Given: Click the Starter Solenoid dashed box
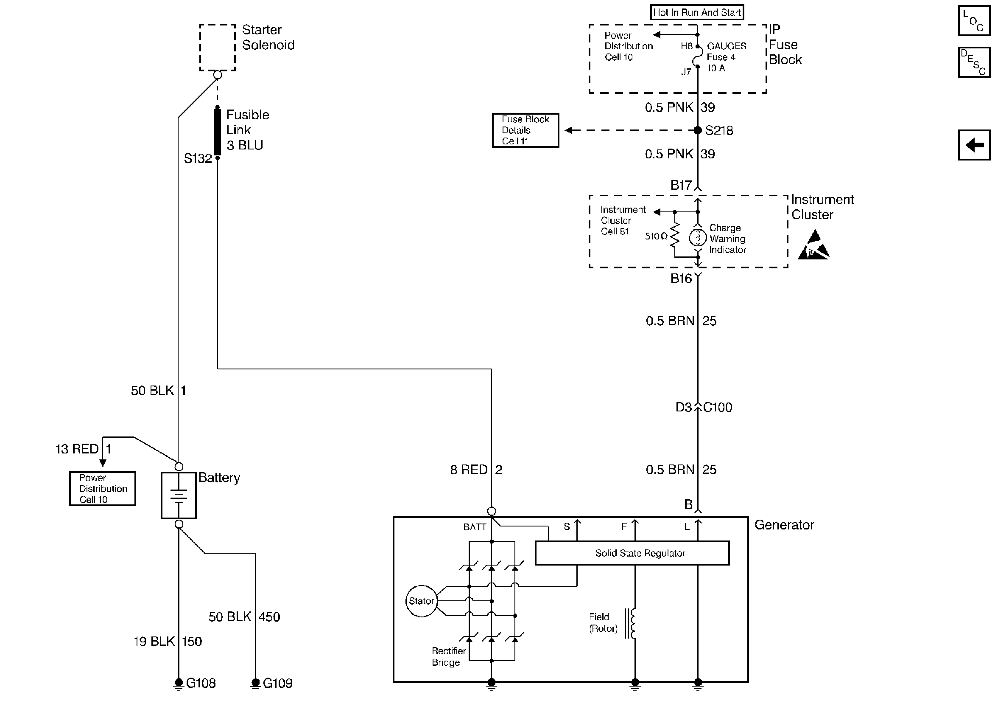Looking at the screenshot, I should [x=218, y=48].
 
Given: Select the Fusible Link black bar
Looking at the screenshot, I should [x=217, y=132].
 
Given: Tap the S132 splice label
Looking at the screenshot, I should [x=197, y=158].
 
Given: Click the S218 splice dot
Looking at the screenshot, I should [x=698, y=130].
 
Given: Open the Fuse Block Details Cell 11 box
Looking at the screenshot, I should [x=525, y=130].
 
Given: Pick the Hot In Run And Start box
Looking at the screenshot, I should [x=697, y=12].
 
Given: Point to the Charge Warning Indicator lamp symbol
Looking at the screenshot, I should [x=698, y=238].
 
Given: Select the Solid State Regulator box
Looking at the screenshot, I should [x=632, y=553].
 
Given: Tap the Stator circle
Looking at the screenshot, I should [x=421, y=601].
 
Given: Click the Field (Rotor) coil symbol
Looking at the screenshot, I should [x=632, y=623].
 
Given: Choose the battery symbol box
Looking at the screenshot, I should [x=179, y=495].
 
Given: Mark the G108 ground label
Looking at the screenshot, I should [x=201, y=684].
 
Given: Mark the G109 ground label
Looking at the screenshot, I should [x=277, y=684].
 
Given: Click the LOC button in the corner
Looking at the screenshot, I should [x=974, y=21].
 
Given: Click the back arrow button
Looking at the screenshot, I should [x=974, y=145].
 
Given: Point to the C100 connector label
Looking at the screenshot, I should [x=718, y=408].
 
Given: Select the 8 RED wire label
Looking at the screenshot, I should [x=469, y=470].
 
